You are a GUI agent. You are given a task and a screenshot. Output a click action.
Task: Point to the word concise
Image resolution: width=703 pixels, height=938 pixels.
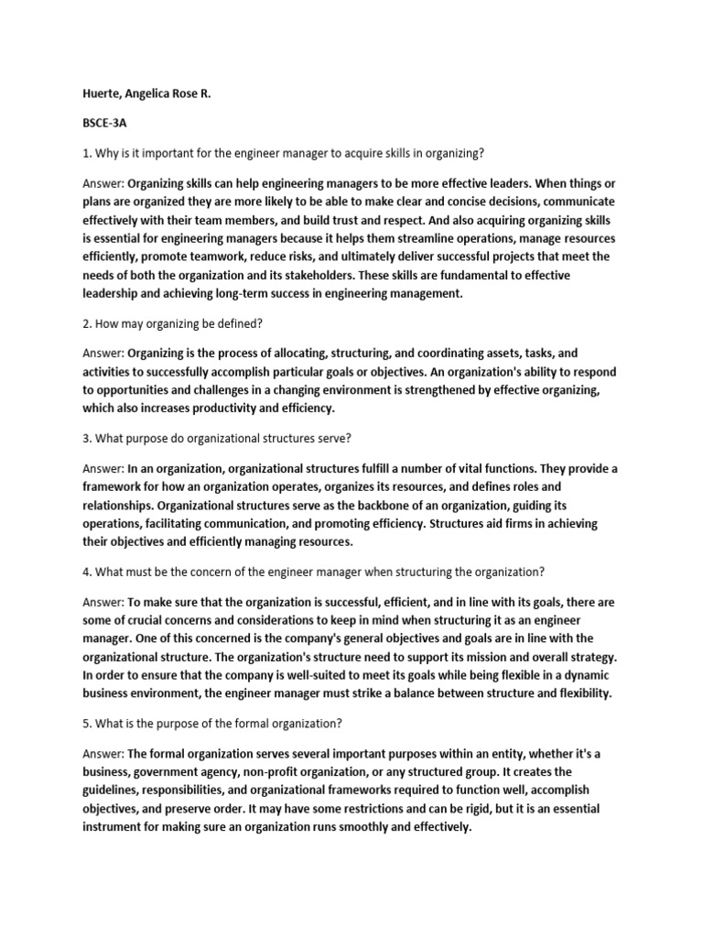pos(411,202)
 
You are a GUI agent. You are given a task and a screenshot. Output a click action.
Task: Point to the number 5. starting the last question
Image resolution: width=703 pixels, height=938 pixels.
pos(87,723)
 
